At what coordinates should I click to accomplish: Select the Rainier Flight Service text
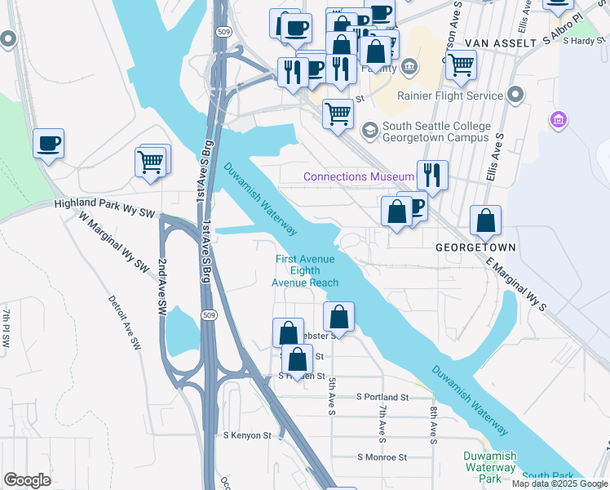pyautogui.click(x=450, y=96)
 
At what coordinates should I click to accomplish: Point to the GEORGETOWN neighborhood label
pyautogui.click(x=475, y=246)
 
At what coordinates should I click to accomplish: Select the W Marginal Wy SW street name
pyautogui.click(x=115, y=243)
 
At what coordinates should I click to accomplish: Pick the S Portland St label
pyautogui.click(x=382, y=397)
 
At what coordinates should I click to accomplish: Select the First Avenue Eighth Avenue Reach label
pyautogui.click(x=305, y=271)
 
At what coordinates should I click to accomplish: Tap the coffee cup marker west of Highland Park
pyautogui.click(x=48, y=144)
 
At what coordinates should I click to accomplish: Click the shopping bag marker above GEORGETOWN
pyautogui.click(x=485, y=220)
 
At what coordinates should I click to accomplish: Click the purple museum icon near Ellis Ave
pyautogui.click(x=559, y=121)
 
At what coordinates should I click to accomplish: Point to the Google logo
pyautogui.click(x=27, y=480)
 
